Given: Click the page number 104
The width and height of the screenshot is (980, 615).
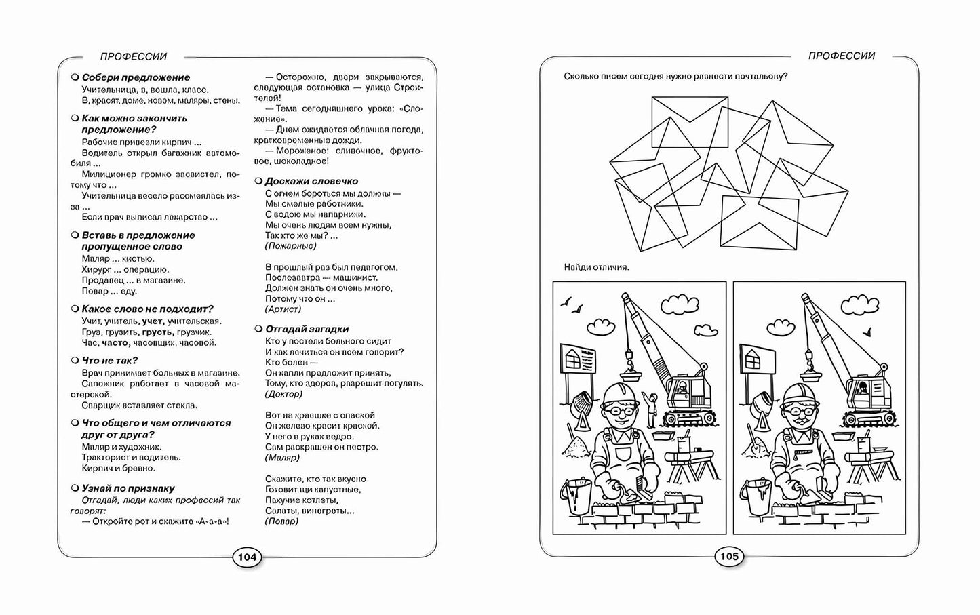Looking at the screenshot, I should click(247, 557).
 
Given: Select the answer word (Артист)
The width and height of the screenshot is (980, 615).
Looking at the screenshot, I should click(283, 309).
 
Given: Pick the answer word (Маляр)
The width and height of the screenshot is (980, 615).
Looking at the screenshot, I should click(282, 458).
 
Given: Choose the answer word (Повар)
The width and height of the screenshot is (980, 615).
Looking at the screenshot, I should click(281, 521).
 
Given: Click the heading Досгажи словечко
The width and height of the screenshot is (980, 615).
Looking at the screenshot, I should click(311, 181).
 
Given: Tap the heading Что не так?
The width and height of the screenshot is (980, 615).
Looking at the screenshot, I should click(110, 361).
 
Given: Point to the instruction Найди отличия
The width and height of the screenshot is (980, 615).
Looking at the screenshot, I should click(596, 266).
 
